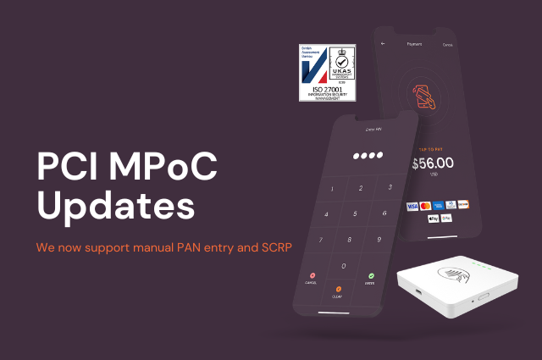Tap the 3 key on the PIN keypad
pyautogui.click(x=388, y=186)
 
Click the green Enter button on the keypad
pyautogui.click(x=370, y=279)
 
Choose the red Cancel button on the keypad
pyautogui.click(x=312, y=278)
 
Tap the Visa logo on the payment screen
pyautogui.click(x=412, y=205)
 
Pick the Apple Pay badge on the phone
pyautogui.click(x=434, y=218)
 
